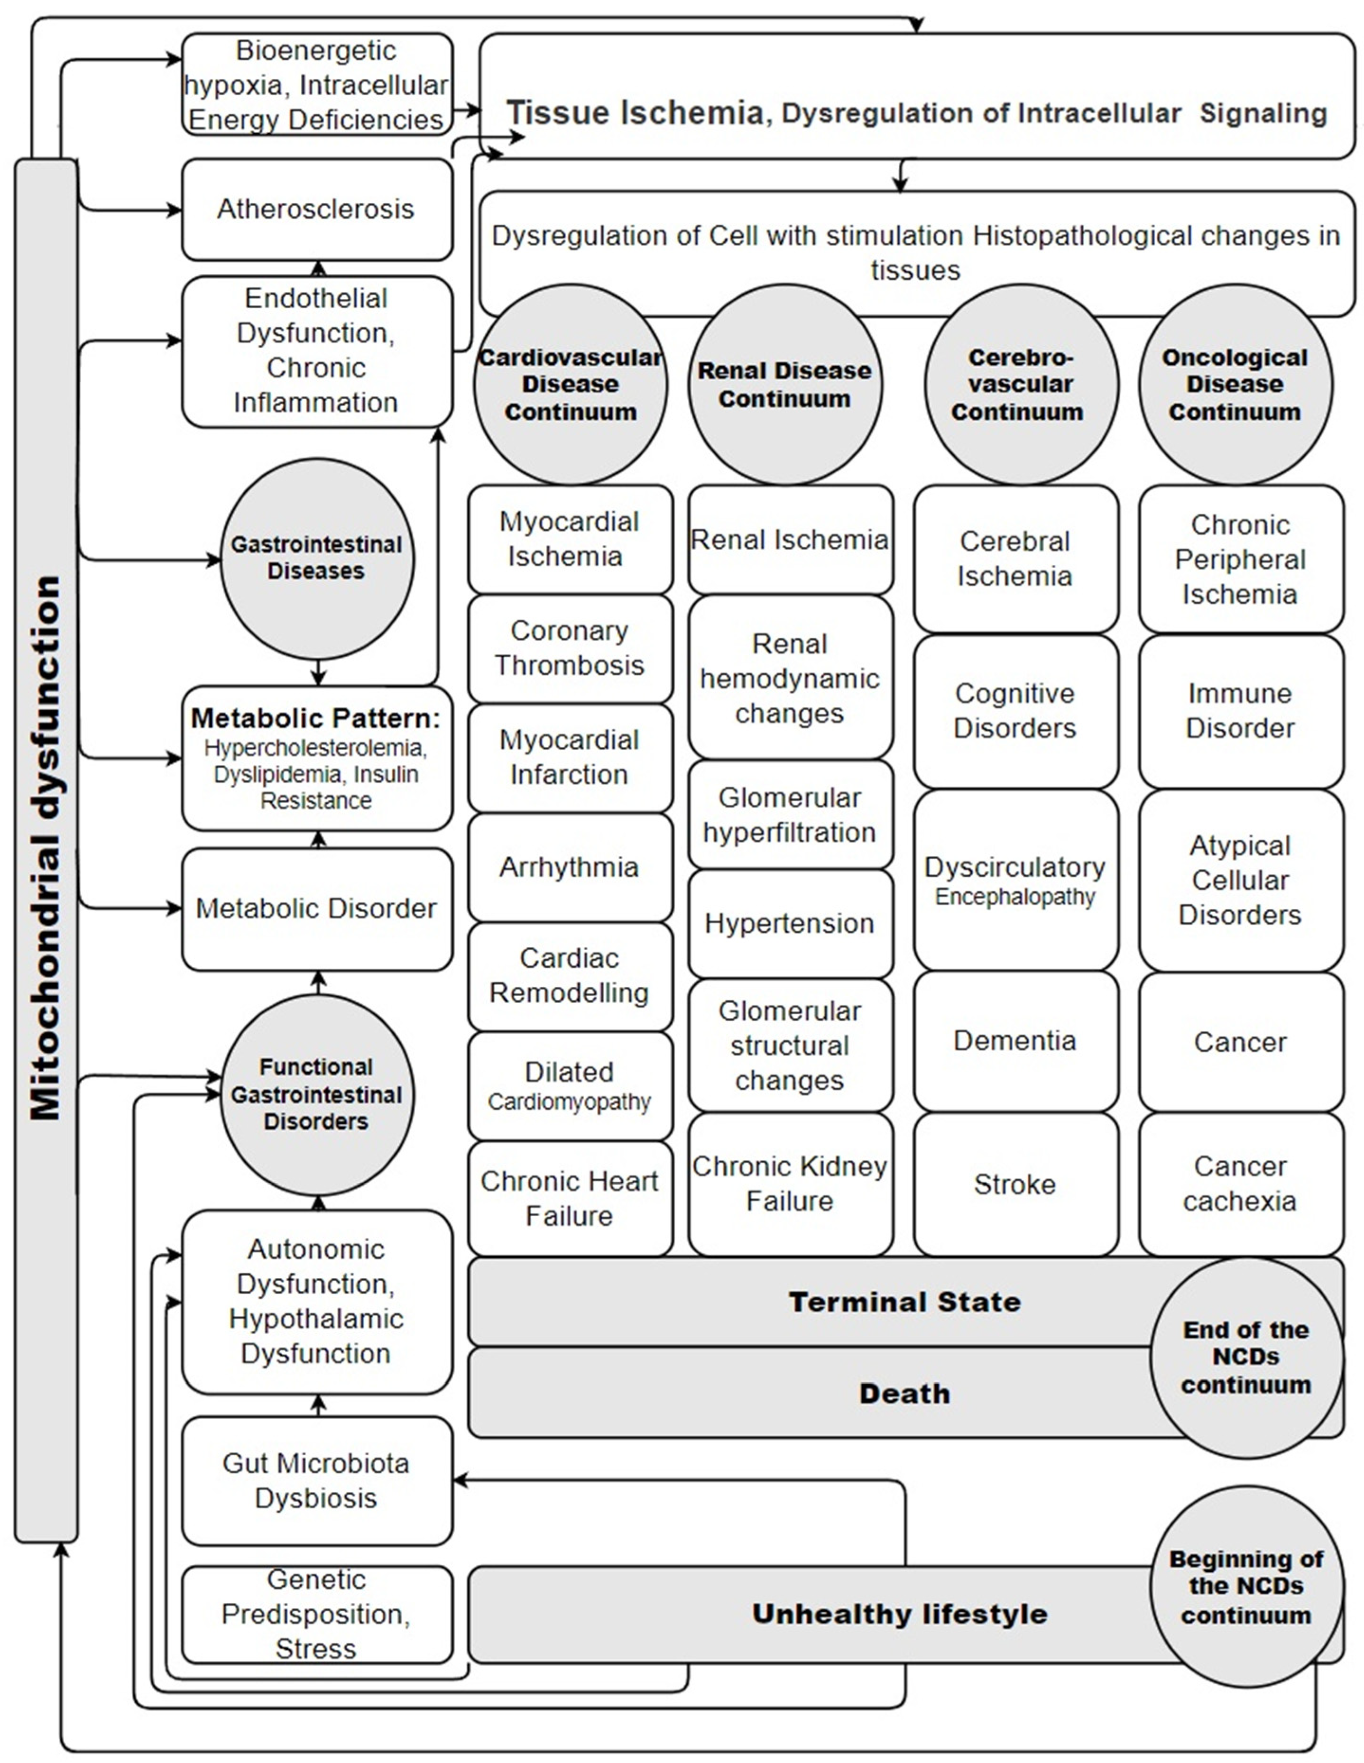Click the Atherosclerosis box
(x=316, y=209)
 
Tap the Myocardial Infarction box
(x=569, y=757)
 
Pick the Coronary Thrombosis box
(x=569, y=648)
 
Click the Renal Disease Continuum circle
(x=784, y=384)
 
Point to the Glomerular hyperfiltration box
(x=789, y=815)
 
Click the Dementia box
(x=1014, y=1040)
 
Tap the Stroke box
(x=1014, y=1184)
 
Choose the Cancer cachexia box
(x=1240, y=1184)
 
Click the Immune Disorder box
(x=1240, y=710)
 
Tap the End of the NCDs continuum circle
(x=1245, y=1357)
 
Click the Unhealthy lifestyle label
(x=899, y=1614)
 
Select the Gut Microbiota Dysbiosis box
(x=316, y=1480)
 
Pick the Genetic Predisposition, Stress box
(x=316, y=1614)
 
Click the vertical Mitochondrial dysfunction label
(x=46, y=848)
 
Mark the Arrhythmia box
(x=569, y=867)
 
